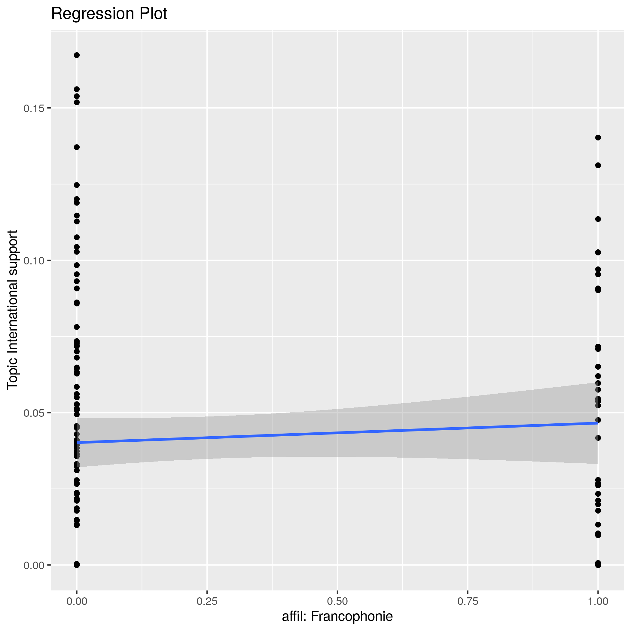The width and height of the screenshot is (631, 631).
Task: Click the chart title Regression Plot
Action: (x=109, y=14)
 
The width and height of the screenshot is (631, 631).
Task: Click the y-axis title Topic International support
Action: (x=12, y=309)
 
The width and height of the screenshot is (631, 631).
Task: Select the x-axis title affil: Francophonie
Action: (x=337, y=616)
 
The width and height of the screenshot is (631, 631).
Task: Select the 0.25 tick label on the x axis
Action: (x=207, y=602)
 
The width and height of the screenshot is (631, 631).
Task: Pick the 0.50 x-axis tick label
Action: (x=337, y=602)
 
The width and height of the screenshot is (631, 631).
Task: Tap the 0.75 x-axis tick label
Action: (x=468, y=602)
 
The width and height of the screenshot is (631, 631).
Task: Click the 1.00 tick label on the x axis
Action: (x=598, y=602)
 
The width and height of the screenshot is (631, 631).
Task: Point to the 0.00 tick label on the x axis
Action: (x=77, y=602)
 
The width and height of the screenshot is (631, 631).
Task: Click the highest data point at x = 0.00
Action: (x=77, y=55)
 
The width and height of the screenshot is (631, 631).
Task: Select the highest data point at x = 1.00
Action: (x=598, y=138)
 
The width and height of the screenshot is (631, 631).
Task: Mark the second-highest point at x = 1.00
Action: (x=598, y=165)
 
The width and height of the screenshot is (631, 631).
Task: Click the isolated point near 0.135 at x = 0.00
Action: (x=77, y=147)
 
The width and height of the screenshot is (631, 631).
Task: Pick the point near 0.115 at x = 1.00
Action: (x=598, y=219)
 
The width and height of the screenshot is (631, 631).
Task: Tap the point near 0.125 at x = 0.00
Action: (x=77, y=185)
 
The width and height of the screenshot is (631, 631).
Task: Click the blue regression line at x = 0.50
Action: (x=337, y=433)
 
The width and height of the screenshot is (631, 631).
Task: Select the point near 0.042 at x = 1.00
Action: (x=598, y=438)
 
